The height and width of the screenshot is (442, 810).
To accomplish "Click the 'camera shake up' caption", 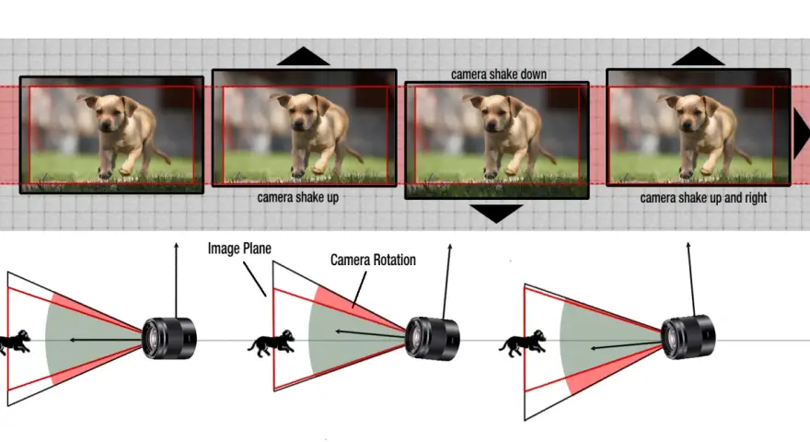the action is pyautogui.click(x=297, y=197).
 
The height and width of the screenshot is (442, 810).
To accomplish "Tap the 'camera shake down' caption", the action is pyautogui.click(x=499, y=75).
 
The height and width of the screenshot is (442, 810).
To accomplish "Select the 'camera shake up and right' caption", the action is pyautogui.click(x=703, y=198).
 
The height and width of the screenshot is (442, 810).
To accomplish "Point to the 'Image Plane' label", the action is pyautogui.click(x=239, y=249).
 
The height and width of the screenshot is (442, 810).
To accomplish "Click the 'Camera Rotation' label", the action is pyautogui.click(x=373, y=260).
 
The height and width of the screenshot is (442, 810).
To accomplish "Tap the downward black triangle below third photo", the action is pyautogui.click(x=496, y=213).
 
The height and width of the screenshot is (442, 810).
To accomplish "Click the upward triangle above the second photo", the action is pyautogui.click(x=303, y=56).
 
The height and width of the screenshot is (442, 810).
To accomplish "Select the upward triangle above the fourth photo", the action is pyautogui.click(x=698, y=56).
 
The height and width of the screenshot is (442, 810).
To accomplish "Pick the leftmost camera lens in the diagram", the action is pyautogui.click(x=169, y=338).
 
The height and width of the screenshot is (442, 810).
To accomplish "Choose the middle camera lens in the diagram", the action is pyautogui.click(x=432, y=339).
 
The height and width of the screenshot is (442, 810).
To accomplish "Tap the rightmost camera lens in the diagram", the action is pyautogui.click(x=688, y=337).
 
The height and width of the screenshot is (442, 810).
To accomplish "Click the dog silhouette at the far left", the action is pyautogui.click(x=15, y=343).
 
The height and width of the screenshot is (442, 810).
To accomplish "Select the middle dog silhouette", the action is pyautogui.click(x=272, y=343).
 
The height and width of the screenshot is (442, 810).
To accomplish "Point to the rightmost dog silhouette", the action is pyautogui.click(x=523, y=343).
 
